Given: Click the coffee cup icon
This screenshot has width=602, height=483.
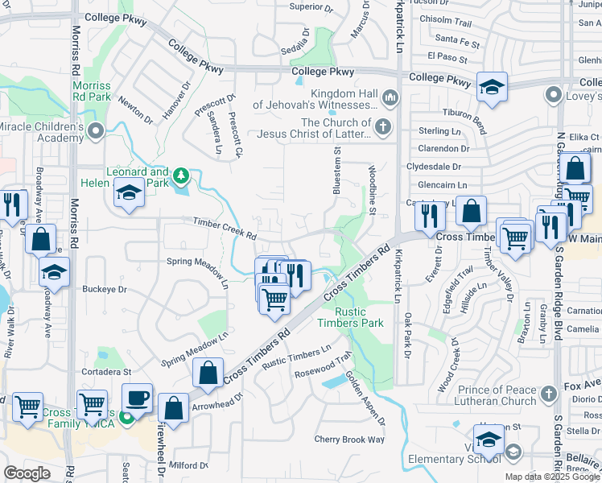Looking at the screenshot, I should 137,397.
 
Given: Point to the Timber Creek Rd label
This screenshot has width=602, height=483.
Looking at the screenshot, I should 224,229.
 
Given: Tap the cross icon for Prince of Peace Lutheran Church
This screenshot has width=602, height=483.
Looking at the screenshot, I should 548,394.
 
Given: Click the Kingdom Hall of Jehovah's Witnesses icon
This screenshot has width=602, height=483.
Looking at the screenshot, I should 390,98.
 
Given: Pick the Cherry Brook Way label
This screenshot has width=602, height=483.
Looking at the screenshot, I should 349,440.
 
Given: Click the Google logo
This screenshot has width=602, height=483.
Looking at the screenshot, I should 27,473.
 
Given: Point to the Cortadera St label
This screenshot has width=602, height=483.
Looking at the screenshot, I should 105,372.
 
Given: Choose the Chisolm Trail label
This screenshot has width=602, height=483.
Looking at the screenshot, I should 445,23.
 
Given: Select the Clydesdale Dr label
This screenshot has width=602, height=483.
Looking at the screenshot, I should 434,167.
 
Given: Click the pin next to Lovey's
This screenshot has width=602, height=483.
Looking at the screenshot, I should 553,95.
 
